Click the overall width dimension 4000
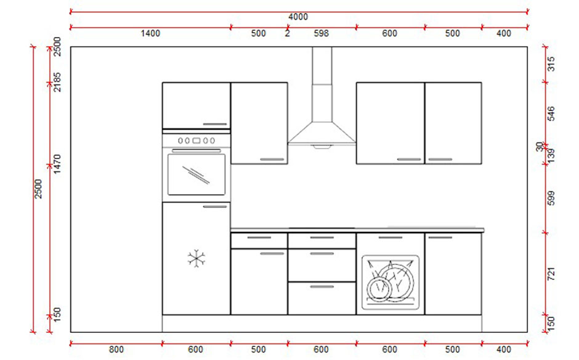[298, 17]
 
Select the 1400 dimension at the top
[150, 34]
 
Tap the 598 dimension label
[321, 34]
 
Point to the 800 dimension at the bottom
[116, 350]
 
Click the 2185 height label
[55, 81]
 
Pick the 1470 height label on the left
[55, 165]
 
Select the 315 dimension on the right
[551, 64]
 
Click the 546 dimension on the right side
[551, 114]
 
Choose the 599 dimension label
[551, 198]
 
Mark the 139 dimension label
[551, 155]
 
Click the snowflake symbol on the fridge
[196, 258]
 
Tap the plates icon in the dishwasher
[389, 282]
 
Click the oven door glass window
[196, 174]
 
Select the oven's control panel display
[196, 140]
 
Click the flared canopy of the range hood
[322, 133]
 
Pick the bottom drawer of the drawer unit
[322, 298]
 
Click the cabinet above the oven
[196, 105]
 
